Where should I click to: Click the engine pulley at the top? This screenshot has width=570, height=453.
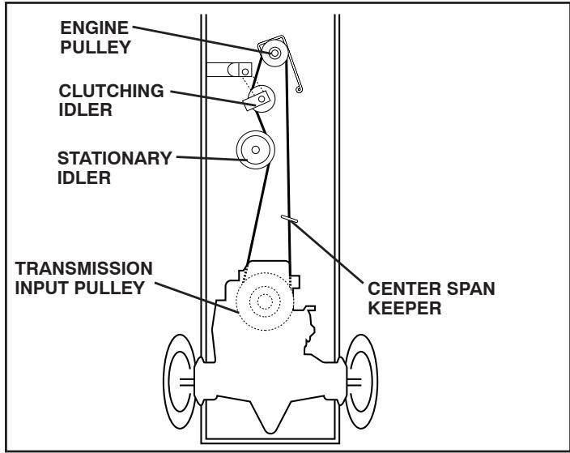(275, 53)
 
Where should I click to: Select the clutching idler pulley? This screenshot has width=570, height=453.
(262, 99)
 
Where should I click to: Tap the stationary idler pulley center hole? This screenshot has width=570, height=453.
(256, 149)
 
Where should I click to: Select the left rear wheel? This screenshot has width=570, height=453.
(181, 379)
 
